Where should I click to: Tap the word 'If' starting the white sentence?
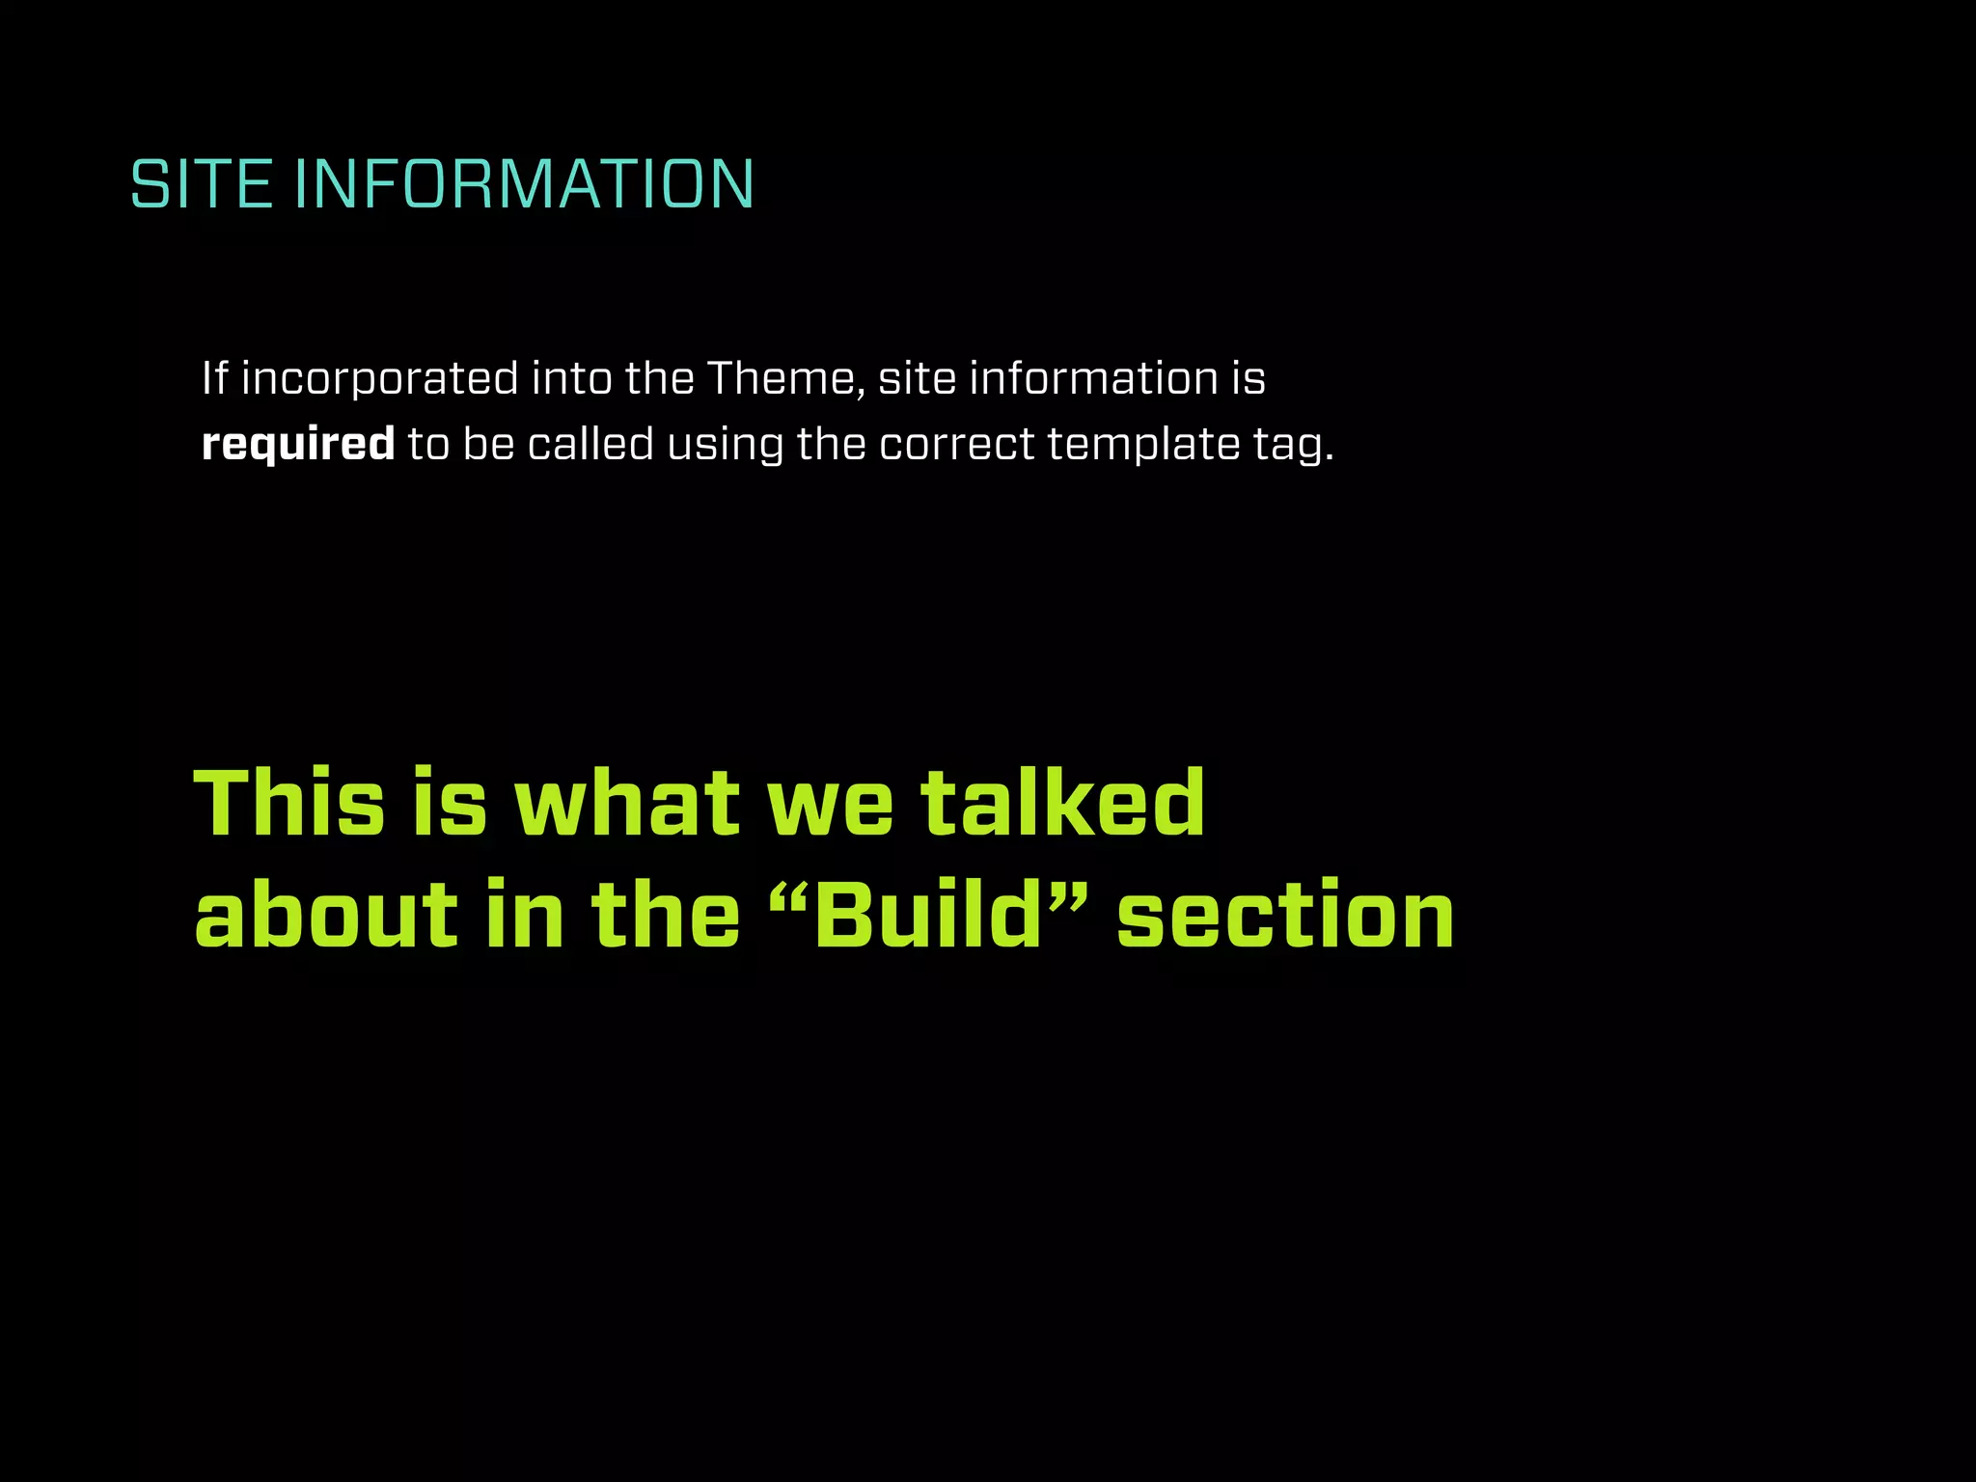click(x=214, y=377)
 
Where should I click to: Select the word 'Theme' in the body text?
click(x=785, y=377)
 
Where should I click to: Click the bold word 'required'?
click(x=298, y=445)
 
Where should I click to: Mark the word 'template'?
click(x=1142, y=445)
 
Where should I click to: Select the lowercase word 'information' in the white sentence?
click(x=1093, y=377)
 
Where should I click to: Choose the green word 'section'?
click(x=1285, y=915)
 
